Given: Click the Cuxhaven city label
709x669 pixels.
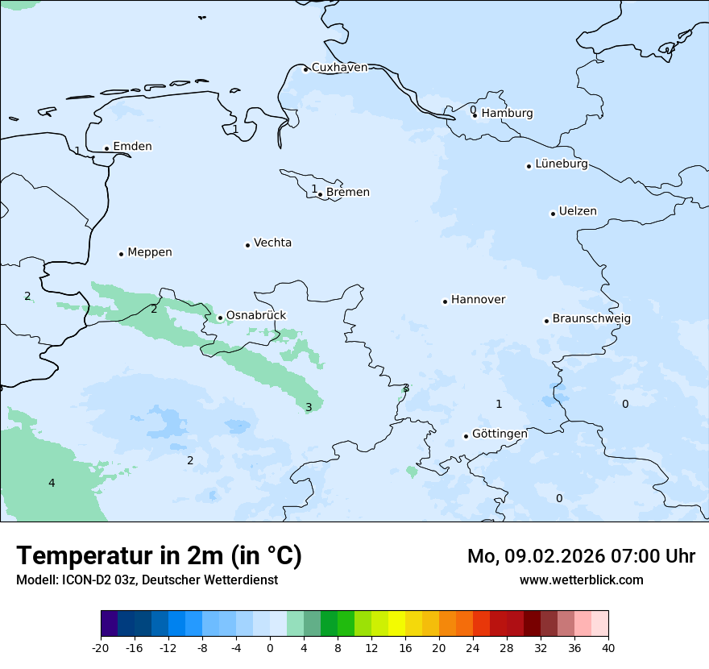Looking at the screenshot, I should [339, 68].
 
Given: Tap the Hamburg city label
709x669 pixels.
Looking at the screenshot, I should [507, 114].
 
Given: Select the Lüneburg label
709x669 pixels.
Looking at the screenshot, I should [561, 164].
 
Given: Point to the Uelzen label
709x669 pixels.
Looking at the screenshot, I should [578, 212].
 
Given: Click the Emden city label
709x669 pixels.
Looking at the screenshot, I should [132, 147].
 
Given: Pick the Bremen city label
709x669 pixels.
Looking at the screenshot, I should [347, 193].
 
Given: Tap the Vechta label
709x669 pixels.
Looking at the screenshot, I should [272, 243].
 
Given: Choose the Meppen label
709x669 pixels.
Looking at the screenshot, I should [149, 252].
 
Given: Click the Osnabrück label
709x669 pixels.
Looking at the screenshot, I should [255, 316].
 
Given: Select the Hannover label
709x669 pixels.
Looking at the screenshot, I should [478, 300].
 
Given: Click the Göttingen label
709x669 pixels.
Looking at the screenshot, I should [500, 434].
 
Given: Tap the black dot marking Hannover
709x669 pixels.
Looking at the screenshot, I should [445, 301].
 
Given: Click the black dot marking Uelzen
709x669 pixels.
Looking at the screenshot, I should [553, 214].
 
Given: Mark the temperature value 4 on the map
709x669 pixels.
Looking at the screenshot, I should [52, 484].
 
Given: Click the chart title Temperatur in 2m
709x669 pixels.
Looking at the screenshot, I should [159, 556].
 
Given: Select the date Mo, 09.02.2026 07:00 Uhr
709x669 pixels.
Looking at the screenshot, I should [581, 556].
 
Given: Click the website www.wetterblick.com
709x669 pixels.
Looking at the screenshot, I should [581, 580].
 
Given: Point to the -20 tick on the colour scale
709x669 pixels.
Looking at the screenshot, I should [101, 648].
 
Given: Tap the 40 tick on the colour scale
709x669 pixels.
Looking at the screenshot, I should [608, 648].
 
